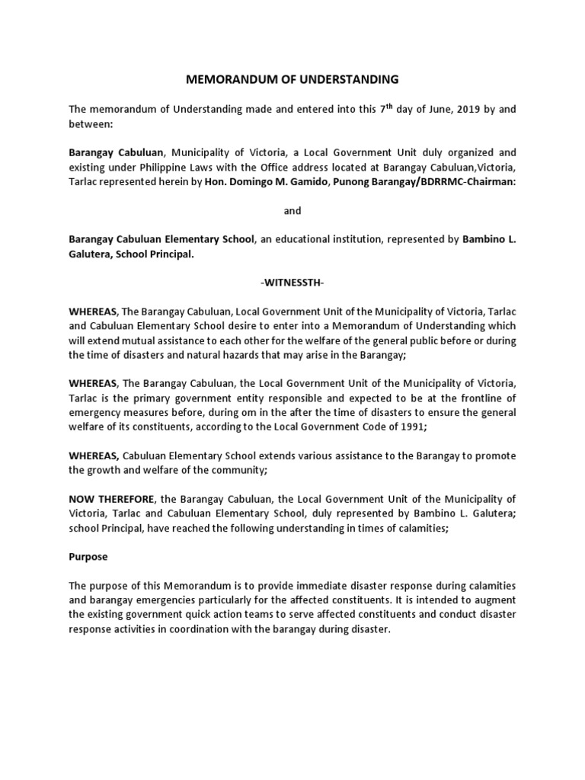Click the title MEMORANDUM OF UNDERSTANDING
292,78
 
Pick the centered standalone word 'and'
292,210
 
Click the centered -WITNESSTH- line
292,283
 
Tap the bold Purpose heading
88,557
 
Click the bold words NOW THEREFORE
111,499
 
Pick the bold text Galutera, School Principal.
131,254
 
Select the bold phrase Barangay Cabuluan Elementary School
161,239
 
